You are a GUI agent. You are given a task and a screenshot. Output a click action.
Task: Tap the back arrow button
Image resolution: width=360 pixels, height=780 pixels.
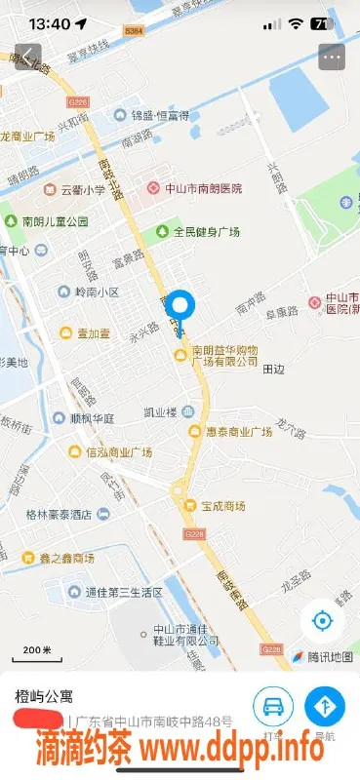point(28,57)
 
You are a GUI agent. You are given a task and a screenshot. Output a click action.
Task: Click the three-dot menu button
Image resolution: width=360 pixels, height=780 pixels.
point(332,57)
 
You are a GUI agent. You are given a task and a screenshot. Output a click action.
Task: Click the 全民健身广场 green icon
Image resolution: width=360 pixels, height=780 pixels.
point(161,232)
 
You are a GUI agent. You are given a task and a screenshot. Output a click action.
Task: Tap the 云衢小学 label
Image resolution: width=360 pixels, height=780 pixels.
point(83,190)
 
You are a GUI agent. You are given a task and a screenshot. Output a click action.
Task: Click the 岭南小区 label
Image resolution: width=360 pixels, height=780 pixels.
point(96,292)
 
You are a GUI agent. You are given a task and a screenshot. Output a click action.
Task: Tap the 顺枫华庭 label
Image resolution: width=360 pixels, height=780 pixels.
point(91,418)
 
